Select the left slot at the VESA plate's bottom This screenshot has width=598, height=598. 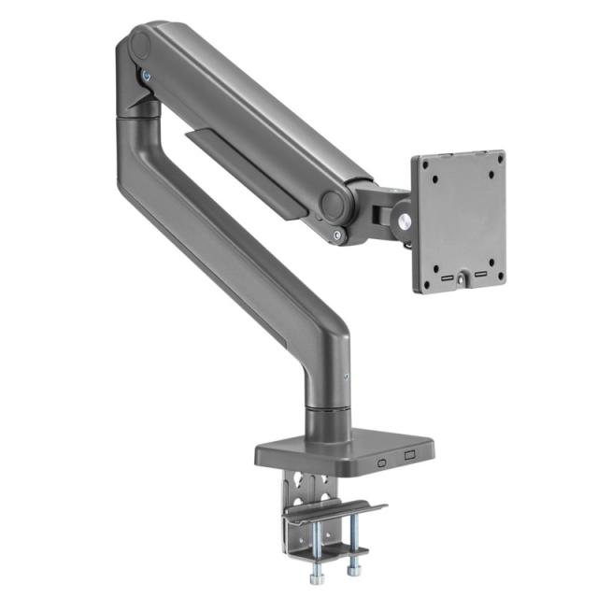click(448, 278)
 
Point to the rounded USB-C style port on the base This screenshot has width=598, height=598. click(380, 461)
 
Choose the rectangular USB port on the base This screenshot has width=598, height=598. click(408, 456)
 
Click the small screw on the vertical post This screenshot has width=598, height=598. click(347, 378)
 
